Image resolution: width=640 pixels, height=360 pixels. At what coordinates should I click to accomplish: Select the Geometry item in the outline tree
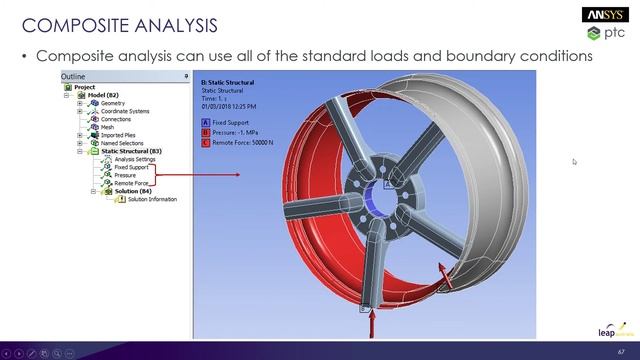(x=114, y=102)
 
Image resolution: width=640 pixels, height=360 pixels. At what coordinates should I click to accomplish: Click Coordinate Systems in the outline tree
(x=125, y=111)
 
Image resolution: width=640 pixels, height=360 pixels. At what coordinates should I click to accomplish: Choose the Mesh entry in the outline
(x=107, y=127)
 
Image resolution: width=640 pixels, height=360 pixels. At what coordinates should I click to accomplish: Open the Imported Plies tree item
(x=118, y=135)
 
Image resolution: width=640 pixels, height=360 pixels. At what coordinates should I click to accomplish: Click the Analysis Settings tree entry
(x=134, y=159)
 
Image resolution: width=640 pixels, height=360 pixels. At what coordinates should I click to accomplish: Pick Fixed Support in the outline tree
(x=131, y=167)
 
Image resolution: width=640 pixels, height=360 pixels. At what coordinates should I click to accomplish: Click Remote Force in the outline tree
(x=131, y=183)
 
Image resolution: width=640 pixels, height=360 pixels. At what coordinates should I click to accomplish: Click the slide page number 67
(x=621, y=352)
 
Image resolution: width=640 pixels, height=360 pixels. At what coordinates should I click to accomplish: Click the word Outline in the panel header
(x=74, y=76)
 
